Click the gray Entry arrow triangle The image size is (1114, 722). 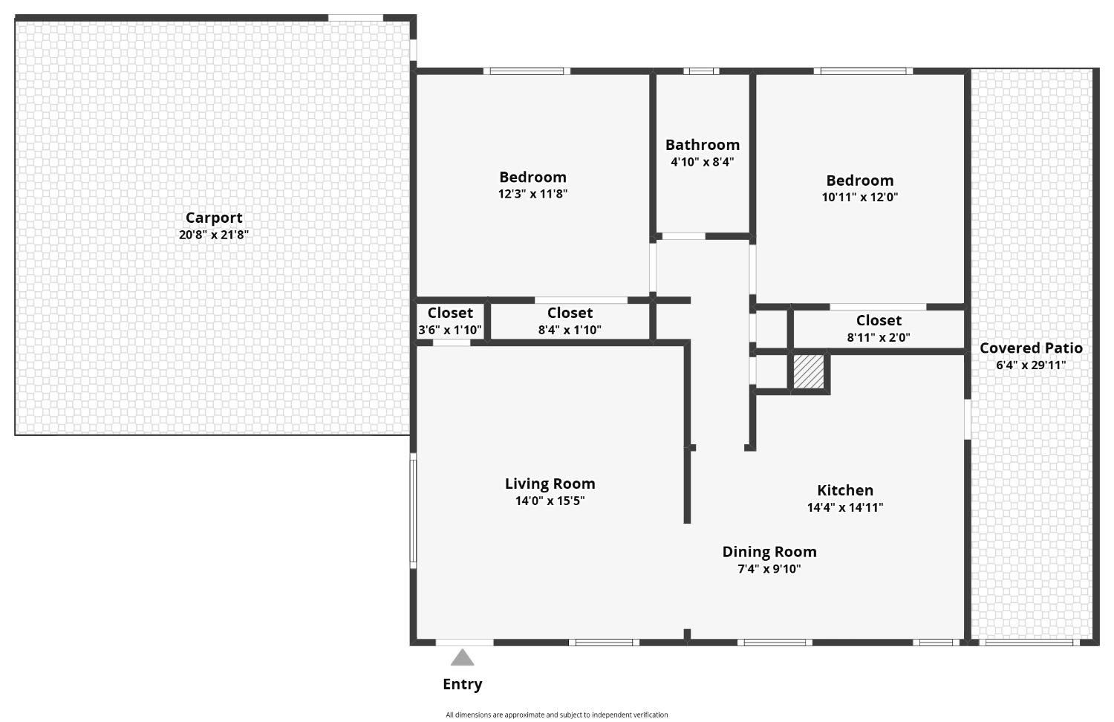[x=462, y=658]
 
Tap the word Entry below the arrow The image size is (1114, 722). [x=462, y=684]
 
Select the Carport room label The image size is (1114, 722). [x=214, y=218]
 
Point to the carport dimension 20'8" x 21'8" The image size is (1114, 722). [x=214, y=235]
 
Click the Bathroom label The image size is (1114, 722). [x=702, y=145]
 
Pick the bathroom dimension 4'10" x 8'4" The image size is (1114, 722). [x=702, y=162]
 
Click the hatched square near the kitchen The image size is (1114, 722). [x=809, y=371]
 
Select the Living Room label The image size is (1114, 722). [x=550, y=484]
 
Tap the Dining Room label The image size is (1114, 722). [x=769, y=552]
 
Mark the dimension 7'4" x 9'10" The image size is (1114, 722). [x=769, y=569]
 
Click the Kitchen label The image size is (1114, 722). [x=845, y=490]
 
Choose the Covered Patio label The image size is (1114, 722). [x=1031, y=348]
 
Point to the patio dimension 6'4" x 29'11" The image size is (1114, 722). [x=1031, y=365]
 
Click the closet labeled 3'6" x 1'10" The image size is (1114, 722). [x=450, y=322]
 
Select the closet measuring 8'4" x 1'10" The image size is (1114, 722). [x=570, y=322]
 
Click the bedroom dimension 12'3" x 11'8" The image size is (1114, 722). [x=532, y=194]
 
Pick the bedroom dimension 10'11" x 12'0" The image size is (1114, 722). [x=859, y=198]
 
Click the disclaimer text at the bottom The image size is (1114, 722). [x=556, y=715]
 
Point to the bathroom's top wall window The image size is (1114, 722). [x=701, y=71]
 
